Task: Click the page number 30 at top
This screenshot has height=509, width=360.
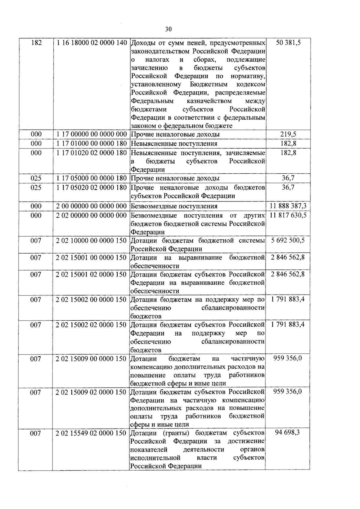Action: coord(168,29)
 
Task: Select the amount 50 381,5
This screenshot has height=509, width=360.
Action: coord(288,43)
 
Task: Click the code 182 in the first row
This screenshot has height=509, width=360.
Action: coord(36,43)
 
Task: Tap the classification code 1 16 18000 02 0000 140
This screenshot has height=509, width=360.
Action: coord(91,43)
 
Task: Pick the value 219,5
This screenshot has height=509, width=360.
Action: coord(288,134)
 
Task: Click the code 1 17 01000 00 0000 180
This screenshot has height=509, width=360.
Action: coord(91,144)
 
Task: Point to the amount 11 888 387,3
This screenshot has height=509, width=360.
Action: coord(288,206)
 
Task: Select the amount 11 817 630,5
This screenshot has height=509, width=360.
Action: coord(288,215)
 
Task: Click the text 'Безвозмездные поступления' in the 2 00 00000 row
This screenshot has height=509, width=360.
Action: coord(174,206)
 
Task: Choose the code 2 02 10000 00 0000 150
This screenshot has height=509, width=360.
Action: coord(91,241)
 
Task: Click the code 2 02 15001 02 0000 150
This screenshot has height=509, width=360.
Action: coord(91,274)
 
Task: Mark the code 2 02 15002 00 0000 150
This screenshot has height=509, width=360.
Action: coord(91,300)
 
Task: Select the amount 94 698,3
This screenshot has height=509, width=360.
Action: coord(287,433)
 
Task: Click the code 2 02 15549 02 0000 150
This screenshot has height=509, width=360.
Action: coord(91,433)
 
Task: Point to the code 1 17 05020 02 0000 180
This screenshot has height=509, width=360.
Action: coord(91,188)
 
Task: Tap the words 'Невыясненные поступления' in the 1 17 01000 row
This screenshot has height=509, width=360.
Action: coord(174,144)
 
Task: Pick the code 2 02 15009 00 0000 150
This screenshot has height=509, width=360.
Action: coord(91,359)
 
